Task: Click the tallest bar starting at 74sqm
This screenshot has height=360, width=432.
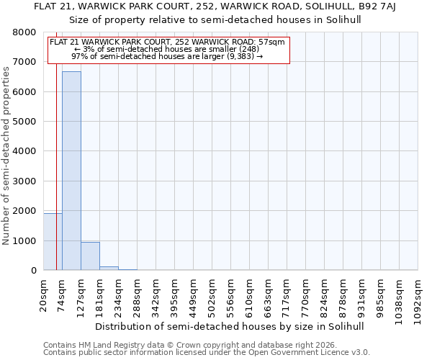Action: pos(71,171)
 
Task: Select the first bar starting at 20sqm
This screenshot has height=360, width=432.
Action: pos(53,242)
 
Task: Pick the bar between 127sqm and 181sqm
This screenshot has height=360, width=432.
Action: pos(90,256)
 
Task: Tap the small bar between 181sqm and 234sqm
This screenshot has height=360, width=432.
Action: pos(109,268)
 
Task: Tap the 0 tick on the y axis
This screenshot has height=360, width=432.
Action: pos(33,271)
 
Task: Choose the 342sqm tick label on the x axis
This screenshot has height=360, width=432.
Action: pos(156,295)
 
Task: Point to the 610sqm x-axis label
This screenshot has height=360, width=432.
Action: pos(249,295)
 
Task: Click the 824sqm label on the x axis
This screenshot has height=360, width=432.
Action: pos(324,295)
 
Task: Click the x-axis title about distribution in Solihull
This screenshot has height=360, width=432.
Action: pos(230,326)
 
